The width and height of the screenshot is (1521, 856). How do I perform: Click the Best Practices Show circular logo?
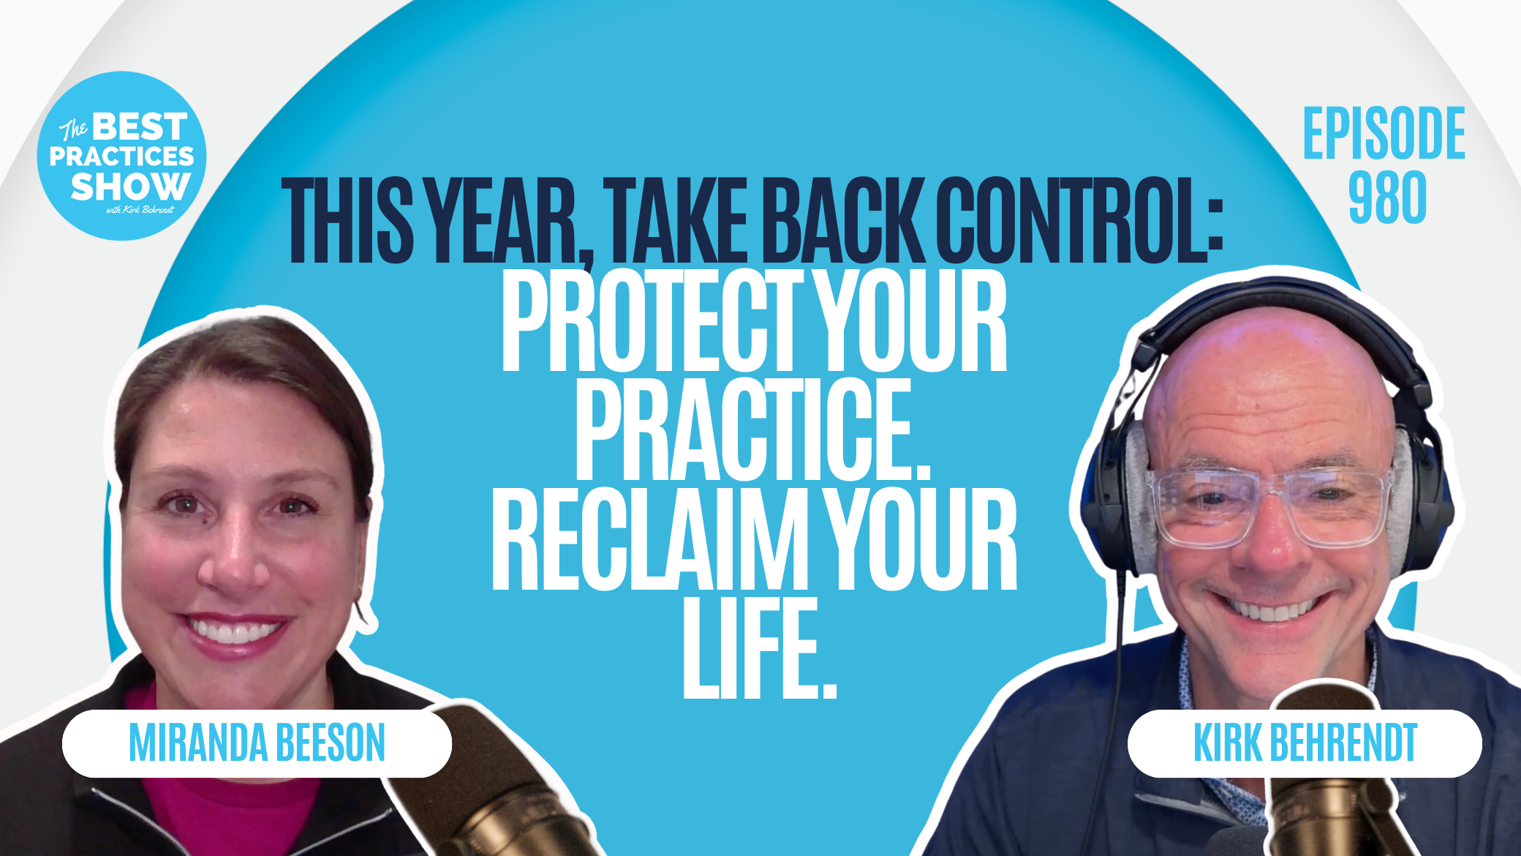pyautogui.click(x=121, y=156)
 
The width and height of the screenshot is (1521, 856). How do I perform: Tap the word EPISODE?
pyautogui.click(x=1384, y=133)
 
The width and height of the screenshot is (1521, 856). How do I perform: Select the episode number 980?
pyautogui.click(x=1387, y=197)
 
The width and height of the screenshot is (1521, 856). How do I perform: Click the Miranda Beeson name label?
pyautogui.click(x=257, y=743)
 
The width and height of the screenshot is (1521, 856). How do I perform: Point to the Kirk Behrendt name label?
pyautogui.click(x=1305, y=743)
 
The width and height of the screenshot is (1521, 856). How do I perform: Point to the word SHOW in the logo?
pyautogui.click(x=130, y=187)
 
